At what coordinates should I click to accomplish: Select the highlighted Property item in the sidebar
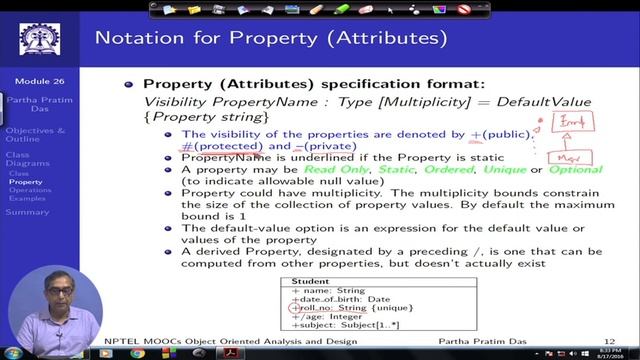tap(26, 182)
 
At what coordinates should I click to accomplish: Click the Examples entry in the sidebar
tap(29, 198)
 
